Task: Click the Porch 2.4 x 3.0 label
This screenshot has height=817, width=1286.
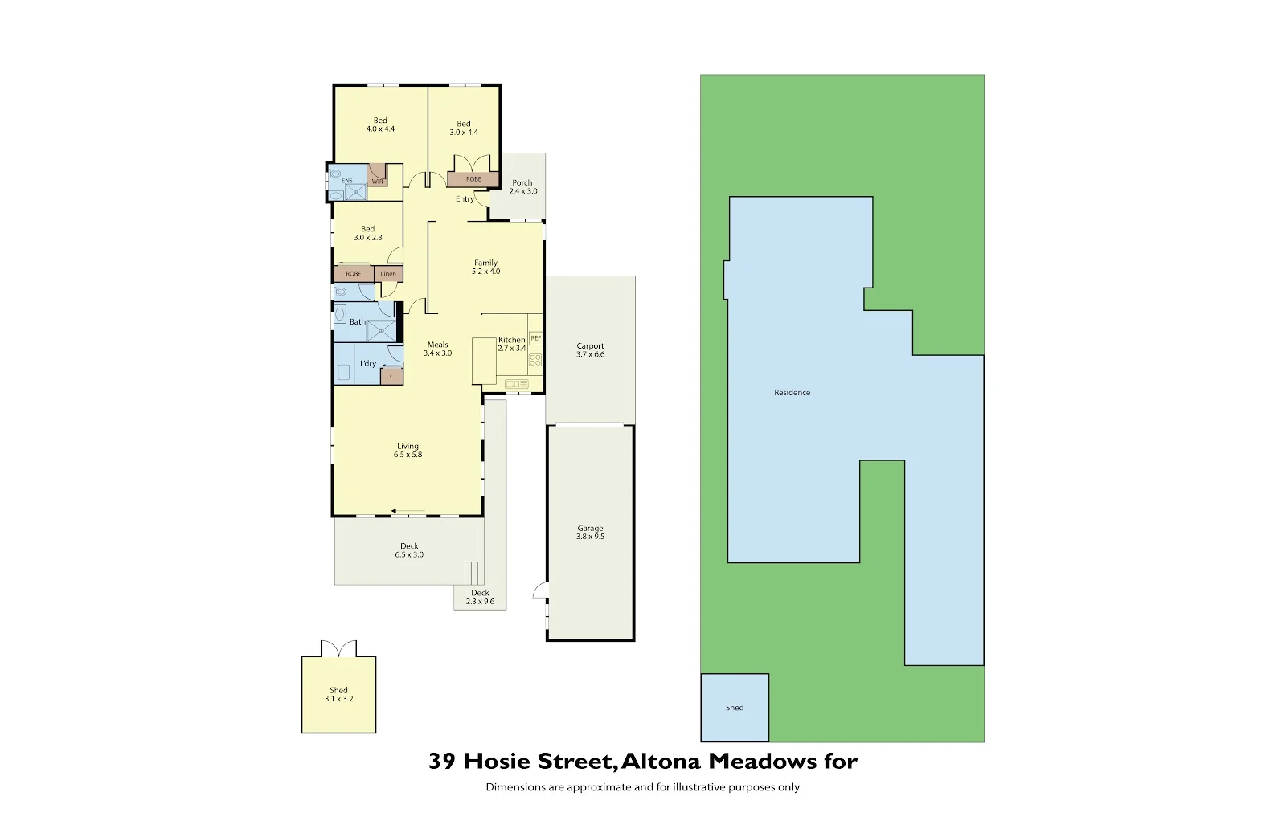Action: (522, 187)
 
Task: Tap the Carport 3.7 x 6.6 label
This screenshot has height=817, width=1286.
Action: (590, 350)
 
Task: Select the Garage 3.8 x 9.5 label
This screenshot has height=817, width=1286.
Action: (590, 533)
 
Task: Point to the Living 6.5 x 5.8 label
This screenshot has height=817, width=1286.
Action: (408, 451)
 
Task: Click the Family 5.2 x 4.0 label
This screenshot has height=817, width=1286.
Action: (485, 268)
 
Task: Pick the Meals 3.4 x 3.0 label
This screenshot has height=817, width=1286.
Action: (437, 349)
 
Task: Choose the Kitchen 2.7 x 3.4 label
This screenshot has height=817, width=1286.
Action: (511, 344)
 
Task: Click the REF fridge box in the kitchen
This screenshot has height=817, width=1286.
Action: (535, 338)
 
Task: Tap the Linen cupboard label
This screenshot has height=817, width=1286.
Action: (388, 274)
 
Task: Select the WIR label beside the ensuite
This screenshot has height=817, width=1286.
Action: (377, 182)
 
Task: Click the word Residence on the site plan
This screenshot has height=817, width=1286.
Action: (792, 393)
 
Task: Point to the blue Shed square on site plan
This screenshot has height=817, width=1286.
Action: (735, 707)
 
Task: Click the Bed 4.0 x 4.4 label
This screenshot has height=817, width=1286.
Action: (380, 125)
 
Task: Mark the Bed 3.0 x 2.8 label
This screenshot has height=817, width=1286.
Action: (367, 233)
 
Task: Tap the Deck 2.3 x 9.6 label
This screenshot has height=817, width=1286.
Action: (480, 597)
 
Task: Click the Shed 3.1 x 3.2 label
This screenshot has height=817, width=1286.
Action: (338, 695)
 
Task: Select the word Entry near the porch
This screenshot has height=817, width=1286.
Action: (465, 199)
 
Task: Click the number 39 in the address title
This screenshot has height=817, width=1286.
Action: (442, 761)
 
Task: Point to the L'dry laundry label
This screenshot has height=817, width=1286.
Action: (367, 364)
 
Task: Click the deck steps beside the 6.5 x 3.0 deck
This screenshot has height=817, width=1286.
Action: (474, 574)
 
